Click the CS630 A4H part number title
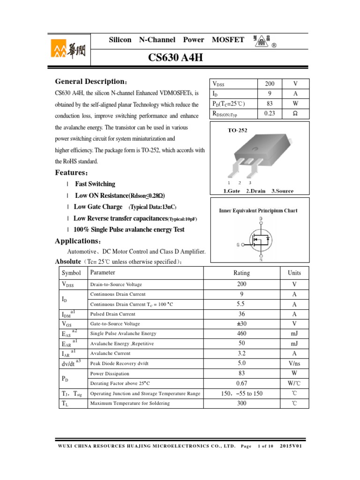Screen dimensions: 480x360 click(176, 58)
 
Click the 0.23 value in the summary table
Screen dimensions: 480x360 click(270, 113)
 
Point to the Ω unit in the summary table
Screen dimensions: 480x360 click(295, 113)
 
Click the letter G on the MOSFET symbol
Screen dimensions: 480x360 click(239, 244)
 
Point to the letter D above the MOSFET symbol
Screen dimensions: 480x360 click(261, 218)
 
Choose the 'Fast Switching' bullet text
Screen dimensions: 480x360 click(95, 184)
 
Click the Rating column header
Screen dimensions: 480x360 click(241, 273)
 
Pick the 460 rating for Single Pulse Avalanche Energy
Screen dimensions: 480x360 click(241, 334)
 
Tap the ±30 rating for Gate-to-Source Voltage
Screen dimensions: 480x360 click(241, 324)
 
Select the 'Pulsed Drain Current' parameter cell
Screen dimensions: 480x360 click(113, 314)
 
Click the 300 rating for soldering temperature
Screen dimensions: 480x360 click(241, 403)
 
